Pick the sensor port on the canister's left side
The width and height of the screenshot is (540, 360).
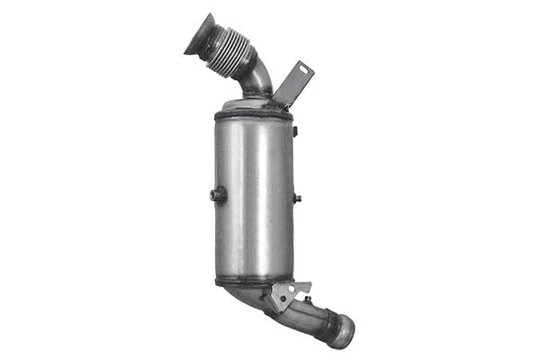(x=217, y=194)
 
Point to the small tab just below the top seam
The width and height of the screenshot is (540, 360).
(x=293, y=131)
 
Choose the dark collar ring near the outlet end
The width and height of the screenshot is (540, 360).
(x=328, y=323)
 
